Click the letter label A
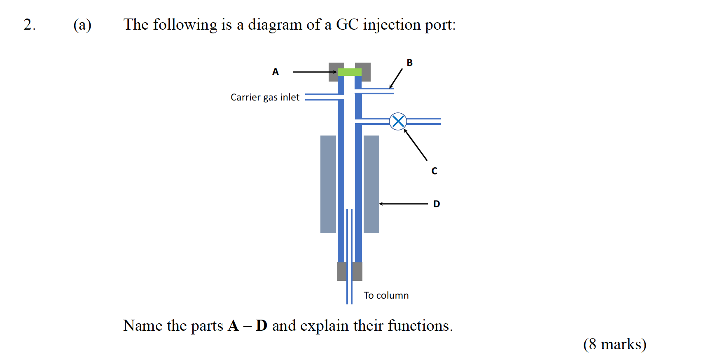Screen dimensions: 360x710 pos(276,72)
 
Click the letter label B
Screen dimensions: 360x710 pos(409,63)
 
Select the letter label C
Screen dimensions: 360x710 pos(434,171)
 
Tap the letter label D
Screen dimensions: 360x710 pos(437,204)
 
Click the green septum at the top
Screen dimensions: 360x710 pos(349,72)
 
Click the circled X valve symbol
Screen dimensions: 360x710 pos(398,121)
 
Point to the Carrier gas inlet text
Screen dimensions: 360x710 pos(265,97)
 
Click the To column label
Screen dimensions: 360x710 pos(386,295)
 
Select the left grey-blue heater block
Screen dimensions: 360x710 pos(328,184)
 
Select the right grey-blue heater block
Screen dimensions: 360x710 pos(371,184)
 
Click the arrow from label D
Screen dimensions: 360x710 pos(404,204)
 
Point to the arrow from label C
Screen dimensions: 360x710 pos(416,145)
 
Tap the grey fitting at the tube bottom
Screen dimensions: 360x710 pos(350,271)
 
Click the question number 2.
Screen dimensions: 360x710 pos(29,25)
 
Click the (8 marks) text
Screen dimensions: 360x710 pos(614,344)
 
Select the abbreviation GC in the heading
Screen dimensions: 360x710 pos(347,25)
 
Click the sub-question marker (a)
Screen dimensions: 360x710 pos(82,25)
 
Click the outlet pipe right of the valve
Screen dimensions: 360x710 pos(424,121)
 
